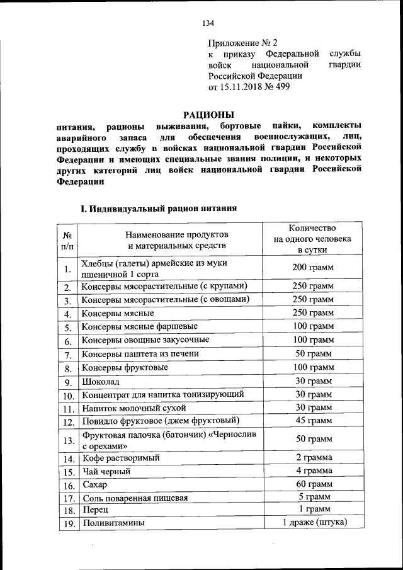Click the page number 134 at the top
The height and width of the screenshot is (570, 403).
(x=208, y=23)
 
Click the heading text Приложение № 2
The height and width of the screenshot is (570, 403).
(x=242, y=43)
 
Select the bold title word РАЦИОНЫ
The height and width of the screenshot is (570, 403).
(x=208, y=115)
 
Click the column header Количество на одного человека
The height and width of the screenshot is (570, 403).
(x=312, y=239)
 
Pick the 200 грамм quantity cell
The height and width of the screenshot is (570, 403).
(x=313, y=268)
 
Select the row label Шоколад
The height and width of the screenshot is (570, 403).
(x=101, y=382)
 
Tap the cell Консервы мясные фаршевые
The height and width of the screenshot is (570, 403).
(x=140, y=326)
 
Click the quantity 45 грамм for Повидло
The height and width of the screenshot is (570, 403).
(x=313, y=421)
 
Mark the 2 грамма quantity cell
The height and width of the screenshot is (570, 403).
(x=313, y=458)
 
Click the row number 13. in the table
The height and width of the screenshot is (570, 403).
(x=68, y=440)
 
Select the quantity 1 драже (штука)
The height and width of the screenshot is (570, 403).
(x=313, y=523)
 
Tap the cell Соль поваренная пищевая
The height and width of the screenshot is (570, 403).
(x=135, y=498)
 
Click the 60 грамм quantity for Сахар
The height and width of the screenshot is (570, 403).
(x=313, y=484)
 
